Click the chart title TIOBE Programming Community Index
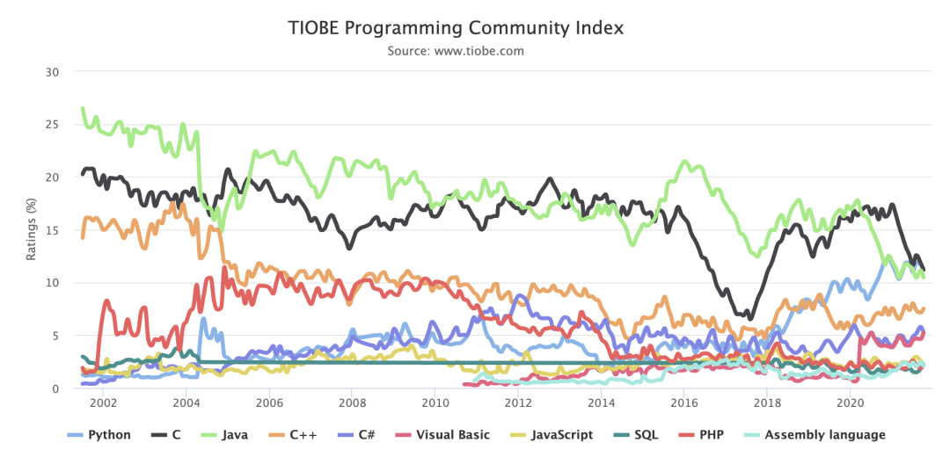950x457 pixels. [x=456, y=28]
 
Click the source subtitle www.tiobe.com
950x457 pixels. [x=456, y=51]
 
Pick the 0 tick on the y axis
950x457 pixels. [x=55, y=388]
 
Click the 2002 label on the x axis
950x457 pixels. [x=103, y=403]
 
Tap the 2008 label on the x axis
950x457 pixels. [x=352, y=403]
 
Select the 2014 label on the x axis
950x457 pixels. [x=601, y=403]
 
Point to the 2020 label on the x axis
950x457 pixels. [x=850, y=403]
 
